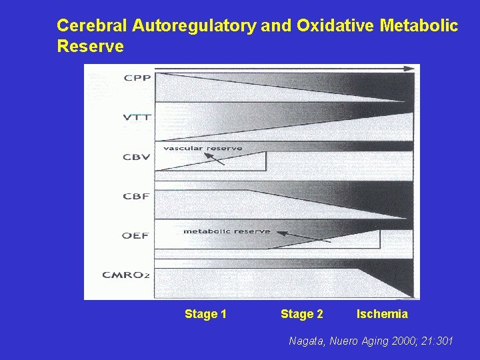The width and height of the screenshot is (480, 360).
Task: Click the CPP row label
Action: pos(137,77)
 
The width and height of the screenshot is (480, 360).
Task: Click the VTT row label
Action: pos(137,117)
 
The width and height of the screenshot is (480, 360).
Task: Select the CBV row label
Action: pos(137,157)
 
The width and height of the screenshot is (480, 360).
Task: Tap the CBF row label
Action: pos(136,196)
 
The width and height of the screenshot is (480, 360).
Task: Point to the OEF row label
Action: pos(135,235)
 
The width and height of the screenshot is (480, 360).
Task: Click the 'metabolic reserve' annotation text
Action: pos(227,231)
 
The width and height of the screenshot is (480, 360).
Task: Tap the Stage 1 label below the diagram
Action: pos(205,314)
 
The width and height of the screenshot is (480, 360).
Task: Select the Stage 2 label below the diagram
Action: pos(302,314)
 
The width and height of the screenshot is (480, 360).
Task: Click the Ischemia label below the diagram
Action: pos(382,314)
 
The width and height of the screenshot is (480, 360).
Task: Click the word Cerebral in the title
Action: pos(92,26)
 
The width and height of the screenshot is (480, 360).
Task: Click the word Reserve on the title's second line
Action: pos(91,47)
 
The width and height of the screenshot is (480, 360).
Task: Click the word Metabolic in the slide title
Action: pos(419,26)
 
